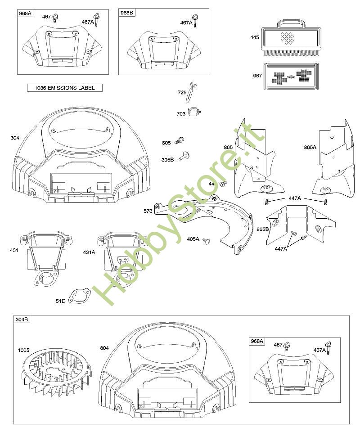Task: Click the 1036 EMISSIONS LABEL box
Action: (x=65, y=88)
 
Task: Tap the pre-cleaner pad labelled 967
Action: (x=290, y=76)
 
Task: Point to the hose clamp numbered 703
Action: (x=194, y=112)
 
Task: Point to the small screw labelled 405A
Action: (x=207, y=241)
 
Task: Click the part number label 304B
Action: (x=22, y=320)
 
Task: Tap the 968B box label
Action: (x=127, y=13)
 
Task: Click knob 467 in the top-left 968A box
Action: (x=56, y=18)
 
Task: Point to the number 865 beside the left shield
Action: (x=228, y=148)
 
